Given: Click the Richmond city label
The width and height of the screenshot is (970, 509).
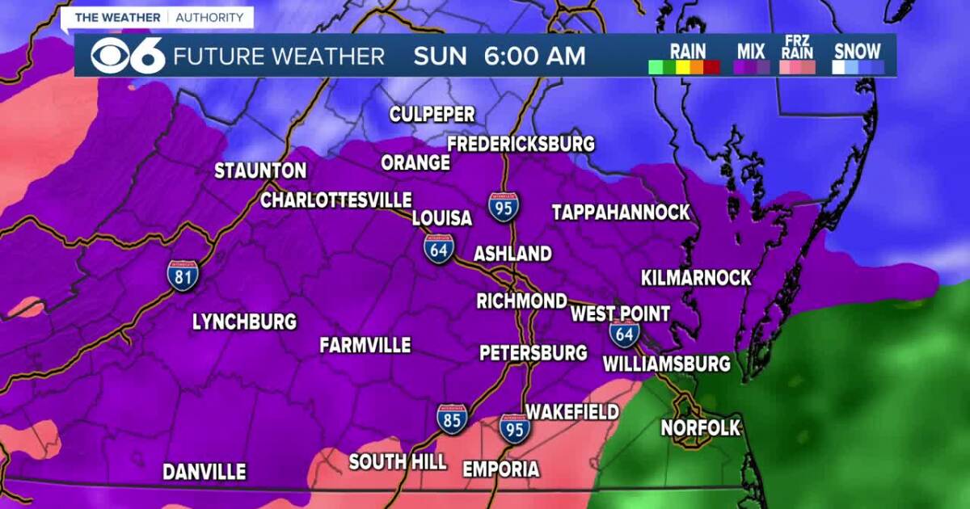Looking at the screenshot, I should (521, 301).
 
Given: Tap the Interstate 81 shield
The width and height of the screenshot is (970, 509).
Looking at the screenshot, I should (183, 276).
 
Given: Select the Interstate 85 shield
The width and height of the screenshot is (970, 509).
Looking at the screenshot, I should (452, 419).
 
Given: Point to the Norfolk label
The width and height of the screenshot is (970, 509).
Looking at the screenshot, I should (701, 427).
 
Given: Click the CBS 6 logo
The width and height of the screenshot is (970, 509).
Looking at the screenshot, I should (128, 56).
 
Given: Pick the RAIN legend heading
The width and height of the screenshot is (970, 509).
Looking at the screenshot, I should (688, 51).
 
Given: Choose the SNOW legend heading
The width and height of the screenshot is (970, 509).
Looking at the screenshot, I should (858, 51).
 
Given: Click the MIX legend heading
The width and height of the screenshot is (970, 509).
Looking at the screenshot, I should (751, 51).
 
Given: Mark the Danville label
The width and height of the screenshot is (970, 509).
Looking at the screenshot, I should (205, 472).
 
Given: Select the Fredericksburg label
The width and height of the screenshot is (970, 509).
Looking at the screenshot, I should (521, 145).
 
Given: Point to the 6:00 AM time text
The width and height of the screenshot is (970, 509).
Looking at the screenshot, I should (534, 57).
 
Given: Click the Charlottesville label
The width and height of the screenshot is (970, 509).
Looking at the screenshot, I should (336, 200).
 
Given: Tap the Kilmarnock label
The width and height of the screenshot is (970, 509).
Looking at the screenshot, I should (696, 278).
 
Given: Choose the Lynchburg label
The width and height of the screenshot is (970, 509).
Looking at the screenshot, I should (244, 322).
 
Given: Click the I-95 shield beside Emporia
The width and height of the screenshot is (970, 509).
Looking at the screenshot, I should (513, 428).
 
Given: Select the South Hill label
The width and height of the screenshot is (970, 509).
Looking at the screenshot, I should (398, 462).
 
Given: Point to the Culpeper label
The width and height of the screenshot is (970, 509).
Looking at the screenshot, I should (432, 115).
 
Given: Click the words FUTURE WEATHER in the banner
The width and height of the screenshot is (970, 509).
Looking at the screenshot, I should (279, 57).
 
